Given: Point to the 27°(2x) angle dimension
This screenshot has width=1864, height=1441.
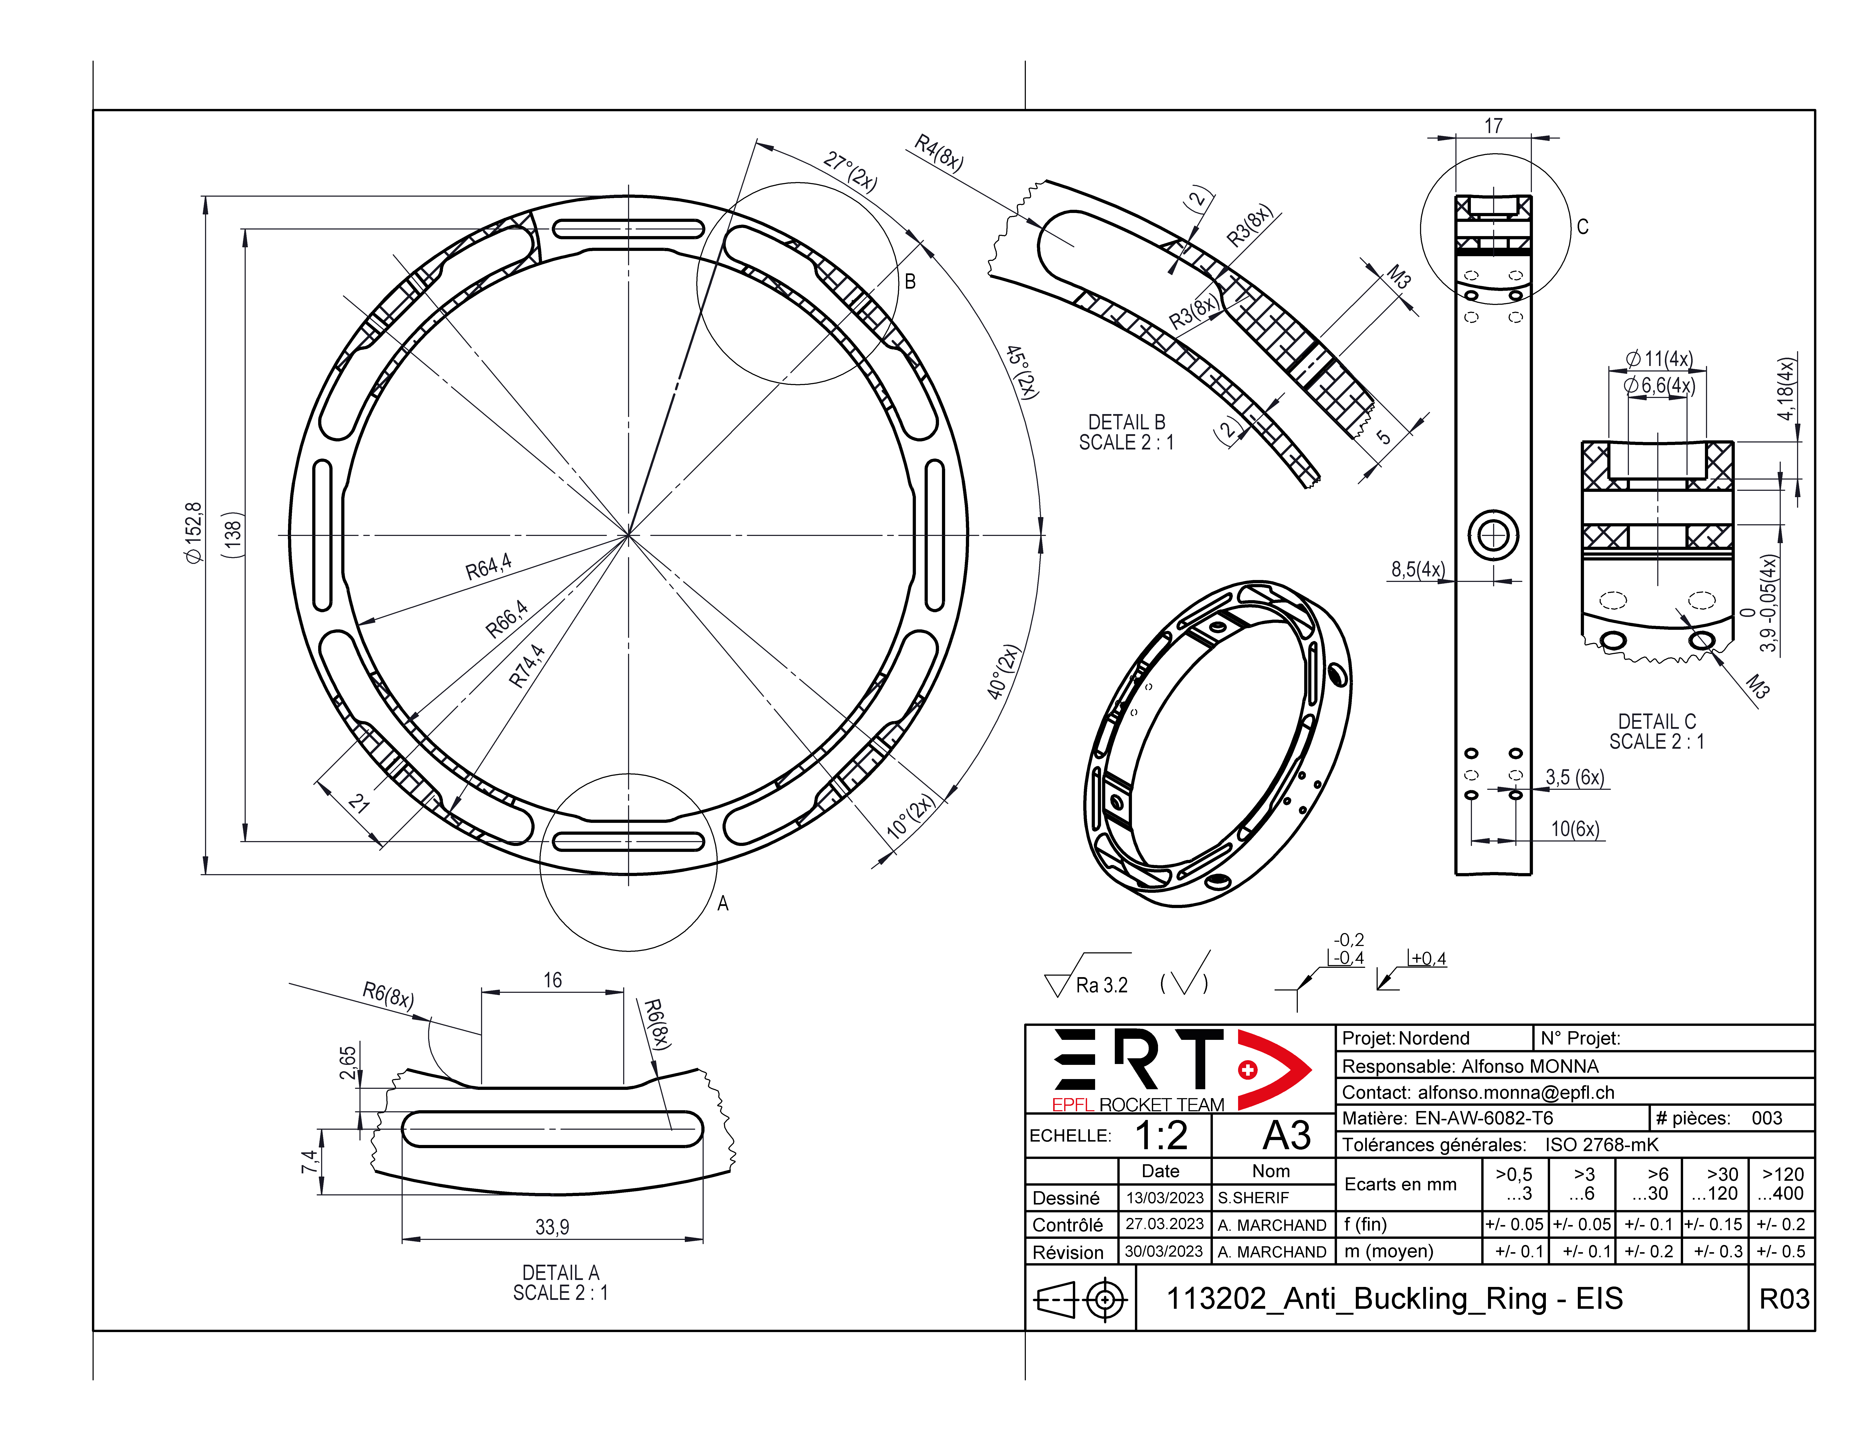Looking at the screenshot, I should point(850,172).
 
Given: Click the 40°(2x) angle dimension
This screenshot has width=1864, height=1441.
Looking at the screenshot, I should point(1004,673).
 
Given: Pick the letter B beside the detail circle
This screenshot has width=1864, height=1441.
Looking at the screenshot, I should point(910,282).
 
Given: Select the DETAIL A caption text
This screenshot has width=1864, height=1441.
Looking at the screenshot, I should point(561,1273).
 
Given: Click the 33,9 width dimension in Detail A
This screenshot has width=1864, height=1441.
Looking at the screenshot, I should point(552,1227).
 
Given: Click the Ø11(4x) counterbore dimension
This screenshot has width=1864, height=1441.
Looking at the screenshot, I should point(1658,359).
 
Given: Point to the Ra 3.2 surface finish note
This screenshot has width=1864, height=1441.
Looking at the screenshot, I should point(1101,985).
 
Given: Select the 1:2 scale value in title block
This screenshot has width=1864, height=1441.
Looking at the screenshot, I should point(1161,1135).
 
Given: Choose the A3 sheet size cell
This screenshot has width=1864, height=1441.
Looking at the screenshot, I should point(1286,1135).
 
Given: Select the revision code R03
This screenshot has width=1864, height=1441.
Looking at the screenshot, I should point(1784,1298).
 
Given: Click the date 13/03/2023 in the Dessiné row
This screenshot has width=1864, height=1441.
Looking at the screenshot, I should point(1164,1198).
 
